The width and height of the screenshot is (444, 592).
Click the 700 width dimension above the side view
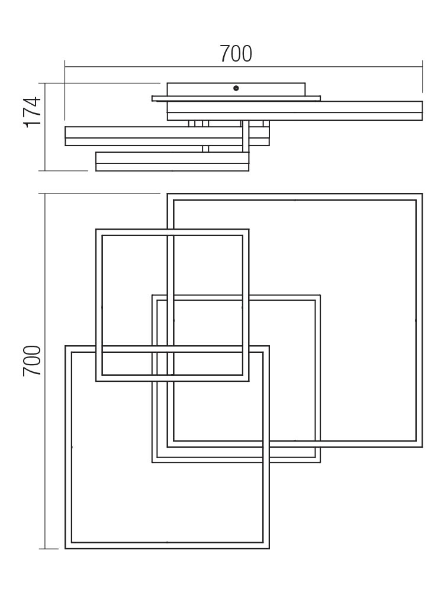(x=236, y=54)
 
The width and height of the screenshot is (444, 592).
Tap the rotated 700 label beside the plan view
(x=32, y=361)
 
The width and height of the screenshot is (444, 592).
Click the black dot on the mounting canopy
(x=236, y=88)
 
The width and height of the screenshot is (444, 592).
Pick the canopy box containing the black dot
(x=236, y=89)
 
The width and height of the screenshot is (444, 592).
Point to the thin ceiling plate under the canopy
(x=236, y=98)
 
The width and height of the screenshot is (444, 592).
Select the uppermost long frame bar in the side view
(x=294, y=111)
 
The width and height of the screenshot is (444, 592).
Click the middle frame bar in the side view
(x=167, y=136)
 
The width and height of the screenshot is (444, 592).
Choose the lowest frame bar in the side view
(x=172, y=162)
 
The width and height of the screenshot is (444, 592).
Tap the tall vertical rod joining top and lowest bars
(x=246, y=136)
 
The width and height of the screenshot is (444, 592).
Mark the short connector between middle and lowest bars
(x=205, y=149)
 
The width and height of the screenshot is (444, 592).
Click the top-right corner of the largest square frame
(x=422, y=194)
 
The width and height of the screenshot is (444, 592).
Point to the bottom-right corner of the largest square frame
(x=422, y=448)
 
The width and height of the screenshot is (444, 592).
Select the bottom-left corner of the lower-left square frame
(x=65, y=549)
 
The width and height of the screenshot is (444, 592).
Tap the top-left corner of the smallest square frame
(x=96, y=229)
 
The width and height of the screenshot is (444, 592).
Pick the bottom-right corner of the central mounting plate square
(x=320, y=462)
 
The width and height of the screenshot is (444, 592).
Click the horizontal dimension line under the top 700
(x=243, y=67)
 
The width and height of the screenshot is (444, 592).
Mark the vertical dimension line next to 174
(x=45, y=127)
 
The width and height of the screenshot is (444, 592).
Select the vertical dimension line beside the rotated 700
(x=45, y=371)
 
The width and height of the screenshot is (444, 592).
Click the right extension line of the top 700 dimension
(x=422, y=76)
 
